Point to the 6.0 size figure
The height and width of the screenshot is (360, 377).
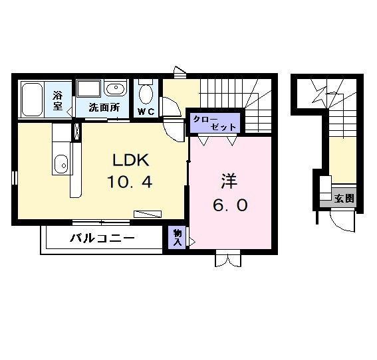(x=230, y=205)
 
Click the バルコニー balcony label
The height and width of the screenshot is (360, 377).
(x=102, y=238)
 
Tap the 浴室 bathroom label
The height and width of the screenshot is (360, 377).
(x=58, y=100)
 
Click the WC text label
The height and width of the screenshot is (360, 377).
(x=146, y=112)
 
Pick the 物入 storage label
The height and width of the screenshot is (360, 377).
(x=178, y=238)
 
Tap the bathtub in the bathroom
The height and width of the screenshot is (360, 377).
(x=33, y=100)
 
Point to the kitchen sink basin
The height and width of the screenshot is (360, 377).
(x=61, y=162)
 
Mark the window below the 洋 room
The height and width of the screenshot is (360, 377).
(x=226, y=259)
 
